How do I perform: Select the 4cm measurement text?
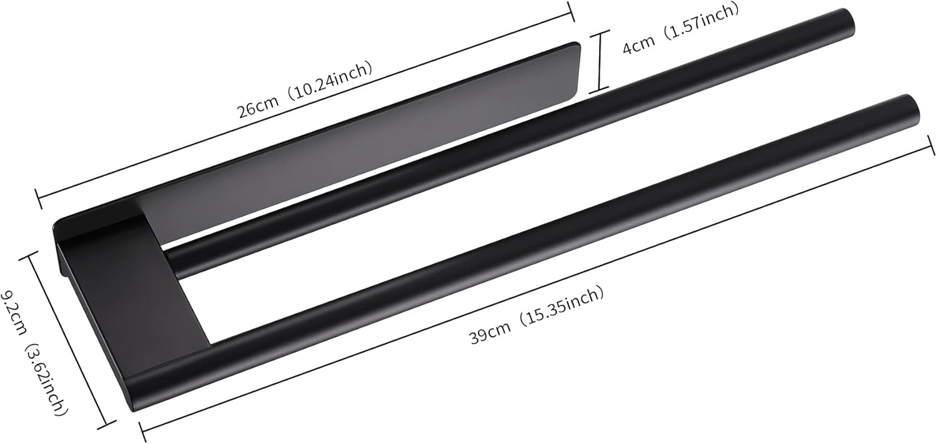click(638, 43)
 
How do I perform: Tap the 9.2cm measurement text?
click(14, 303)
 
